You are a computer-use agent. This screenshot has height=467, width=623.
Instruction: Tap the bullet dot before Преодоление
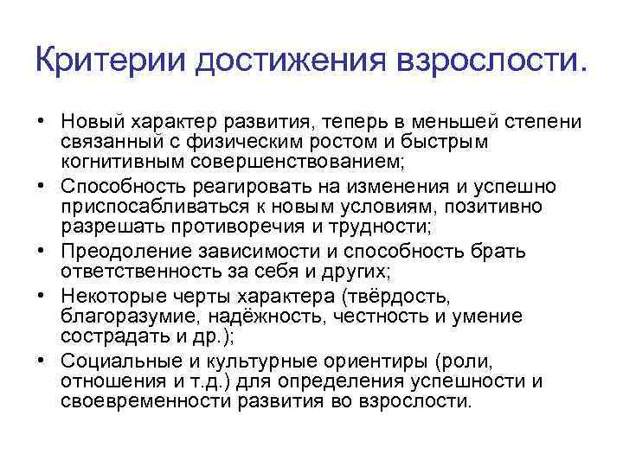tap(42, 252)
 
